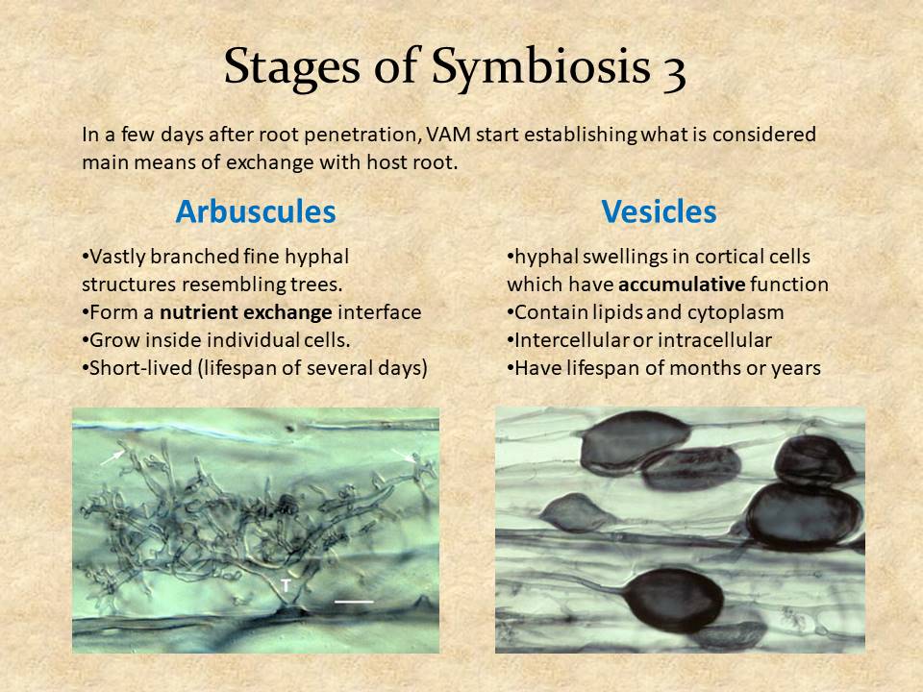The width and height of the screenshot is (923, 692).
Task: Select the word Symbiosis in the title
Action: tap(541, 67)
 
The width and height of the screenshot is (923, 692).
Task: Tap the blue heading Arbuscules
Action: tap(256, 211)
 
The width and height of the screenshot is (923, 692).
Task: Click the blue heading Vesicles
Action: tap(659, 211)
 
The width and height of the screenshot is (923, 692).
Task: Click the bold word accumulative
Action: tap(683, 284)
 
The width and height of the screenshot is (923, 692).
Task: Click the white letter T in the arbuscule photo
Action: tap(286, 585)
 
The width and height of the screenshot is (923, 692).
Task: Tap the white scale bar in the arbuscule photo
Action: tap(354, 602)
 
